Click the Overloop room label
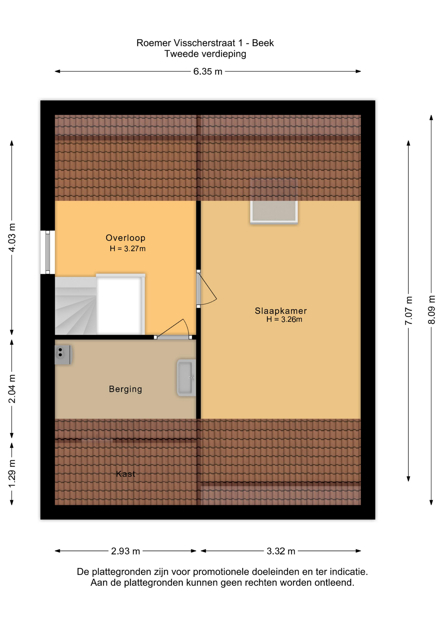[125, 238]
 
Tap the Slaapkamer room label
[281, 311]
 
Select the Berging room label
[125, 389]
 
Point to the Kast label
[125, 474]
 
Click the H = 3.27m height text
[128, 249]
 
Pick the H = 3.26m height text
[284, 319]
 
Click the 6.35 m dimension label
[207, 72]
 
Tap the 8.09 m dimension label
[431, 310]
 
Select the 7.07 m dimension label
[408, 311]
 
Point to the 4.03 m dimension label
[12, 238]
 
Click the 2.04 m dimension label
[12, 389]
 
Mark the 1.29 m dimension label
[12, 474]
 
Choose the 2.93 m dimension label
[125, 551]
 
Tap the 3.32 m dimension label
[281, 551]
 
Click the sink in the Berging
[186, 378]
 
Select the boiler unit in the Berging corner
[63, 354]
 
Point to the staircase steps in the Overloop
[76, 306]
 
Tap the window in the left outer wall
[48, 252]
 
